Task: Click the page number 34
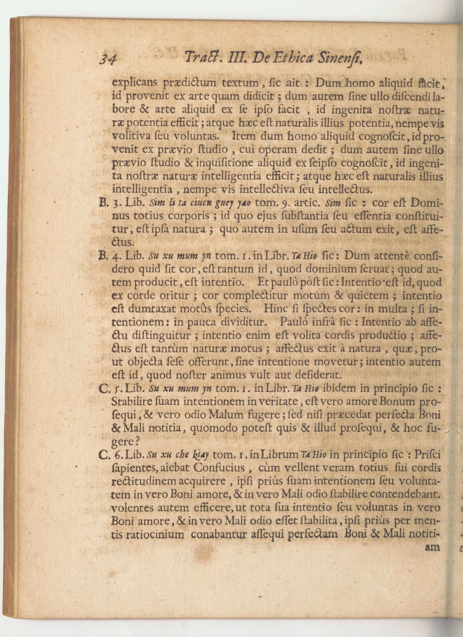[x=109, y=59]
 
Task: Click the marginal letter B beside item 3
[x=102, y=203]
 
